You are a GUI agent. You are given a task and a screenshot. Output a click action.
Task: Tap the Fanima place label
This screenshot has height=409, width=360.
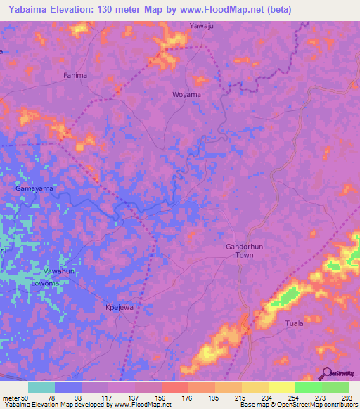(75, 75)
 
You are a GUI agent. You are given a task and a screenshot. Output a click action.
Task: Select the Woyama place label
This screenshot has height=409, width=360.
(186, 94)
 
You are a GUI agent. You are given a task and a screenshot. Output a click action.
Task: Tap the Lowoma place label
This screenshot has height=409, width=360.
(47, 283)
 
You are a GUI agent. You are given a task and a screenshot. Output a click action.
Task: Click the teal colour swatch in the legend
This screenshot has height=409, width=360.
(41, 387)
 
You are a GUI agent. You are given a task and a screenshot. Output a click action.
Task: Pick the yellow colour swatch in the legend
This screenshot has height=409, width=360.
(281, 387)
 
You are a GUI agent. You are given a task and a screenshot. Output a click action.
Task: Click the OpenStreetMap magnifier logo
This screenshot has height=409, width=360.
(326, 373)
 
